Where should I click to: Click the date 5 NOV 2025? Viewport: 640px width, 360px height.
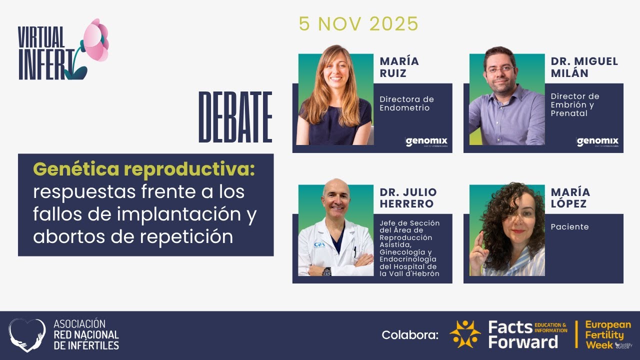358,24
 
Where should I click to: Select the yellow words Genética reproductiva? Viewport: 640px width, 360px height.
144,170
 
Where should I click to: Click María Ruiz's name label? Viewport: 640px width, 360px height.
399,67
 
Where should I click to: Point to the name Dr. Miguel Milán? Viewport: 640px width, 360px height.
584,67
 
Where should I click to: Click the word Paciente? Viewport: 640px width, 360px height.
569,227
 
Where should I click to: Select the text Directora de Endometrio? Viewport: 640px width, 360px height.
406,103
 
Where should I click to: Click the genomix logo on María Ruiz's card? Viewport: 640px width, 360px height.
426,142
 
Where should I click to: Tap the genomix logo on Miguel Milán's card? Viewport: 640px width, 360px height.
597,142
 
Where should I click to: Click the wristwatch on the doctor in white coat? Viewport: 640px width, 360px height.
326,271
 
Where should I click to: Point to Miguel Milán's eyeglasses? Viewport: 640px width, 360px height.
500,69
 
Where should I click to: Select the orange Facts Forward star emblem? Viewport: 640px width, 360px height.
465,334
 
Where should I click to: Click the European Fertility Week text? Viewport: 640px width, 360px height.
607,334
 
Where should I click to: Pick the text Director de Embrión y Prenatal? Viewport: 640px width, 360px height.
575,104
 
